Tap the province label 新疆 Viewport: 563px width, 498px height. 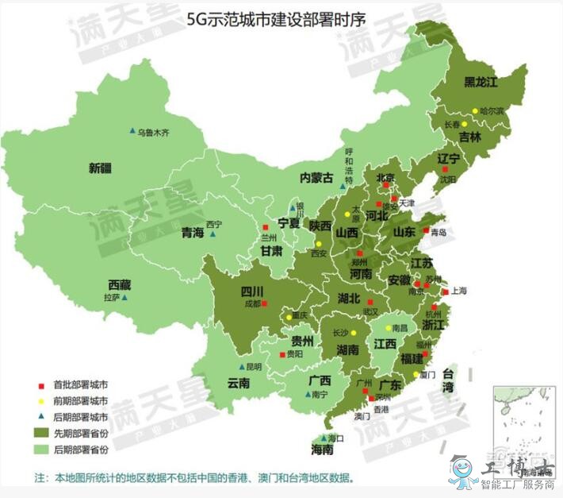pyautogui.click(x=101, y=168)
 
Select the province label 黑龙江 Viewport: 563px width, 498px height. pyautogui.click(x=480, y=82)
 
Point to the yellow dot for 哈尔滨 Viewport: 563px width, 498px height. pyautogui.click(x=476, y=111)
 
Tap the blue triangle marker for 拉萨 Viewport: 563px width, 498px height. pyautogui.click(x=124, y=298)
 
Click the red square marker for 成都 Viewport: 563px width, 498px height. pyautogui.click(x=266, y=303)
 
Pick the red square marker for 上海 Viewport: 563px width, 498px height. pyautogui.click(x=446, y=292)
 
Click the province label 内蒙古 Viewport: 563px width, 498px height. pyautogui.click(x=316, y=178)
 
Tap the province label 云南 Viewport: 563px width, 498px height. pyautogui.click(x=239, y=383)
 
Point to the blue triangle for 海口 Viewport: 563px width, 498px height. pyautogui.click(x=323, y=438)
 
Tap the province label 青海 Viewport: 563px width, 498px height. pyautogui.click(x=193, y=233)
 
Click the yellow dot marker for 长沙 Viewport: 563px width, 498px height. pyautogui.click(x=354, y=334)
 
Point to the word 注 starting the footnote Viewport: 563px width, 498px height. pyautogui.click(x=40, y=478)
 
